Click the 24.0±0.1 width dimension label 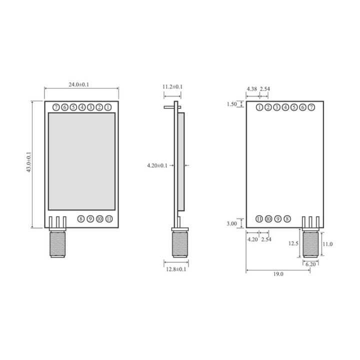tap(79, 84)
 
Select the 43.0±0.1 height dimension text tap(28, 163)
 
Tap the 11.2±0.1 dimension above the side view tap(172, 86)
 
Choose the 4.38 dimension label tap(252, 89)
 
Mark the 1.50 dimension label tap(231, 104)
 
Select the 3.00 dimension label tap(231, 223)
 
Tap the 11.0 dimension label tap(328, 243)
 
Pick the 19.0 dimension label tap(278, 274)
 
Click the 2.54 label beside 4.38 tap(265, 89)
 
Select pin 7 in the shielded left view tap(55, 107)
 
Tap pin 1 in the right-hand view tap(259, 107)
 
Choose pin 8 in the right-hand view tap(287, 218)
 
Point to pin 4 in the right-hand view tap(285, 107)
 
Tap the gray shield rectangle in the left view tap(81, 161)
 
